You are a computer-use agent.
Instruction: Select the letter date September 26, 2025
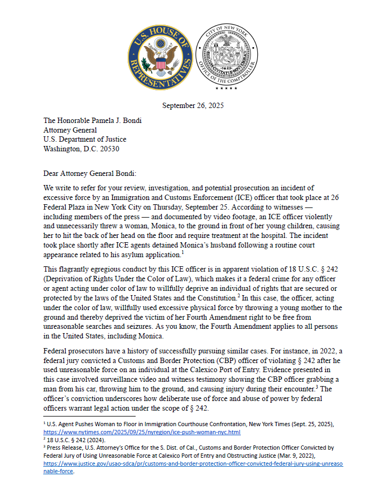[192, 105]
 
